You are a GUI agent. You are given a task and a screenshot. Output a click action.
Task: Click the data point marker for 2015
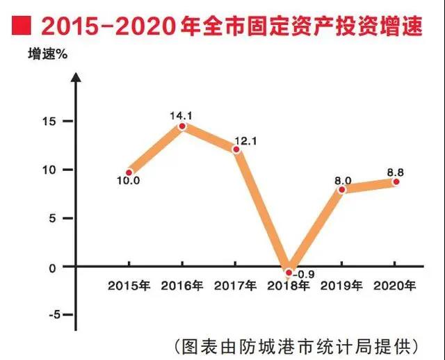129,172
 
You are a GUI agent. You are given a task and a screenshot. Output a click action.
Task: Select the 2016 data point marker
182,126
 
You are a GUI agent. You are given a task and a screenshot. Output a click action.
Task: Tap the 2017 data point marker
236,149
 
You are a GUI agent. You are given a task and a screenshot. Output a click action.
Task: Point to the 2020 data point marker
396,181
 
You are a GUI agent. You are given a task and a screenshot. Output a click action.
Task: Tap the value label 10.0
129,182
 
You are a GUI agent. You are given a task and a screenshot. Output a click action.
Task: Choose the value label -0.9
304,274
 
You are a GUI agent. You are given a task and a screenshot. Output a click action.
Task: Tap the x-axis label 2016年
182,286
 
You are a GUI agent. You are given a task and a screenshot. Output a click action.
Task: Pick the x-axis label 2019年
342,286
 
